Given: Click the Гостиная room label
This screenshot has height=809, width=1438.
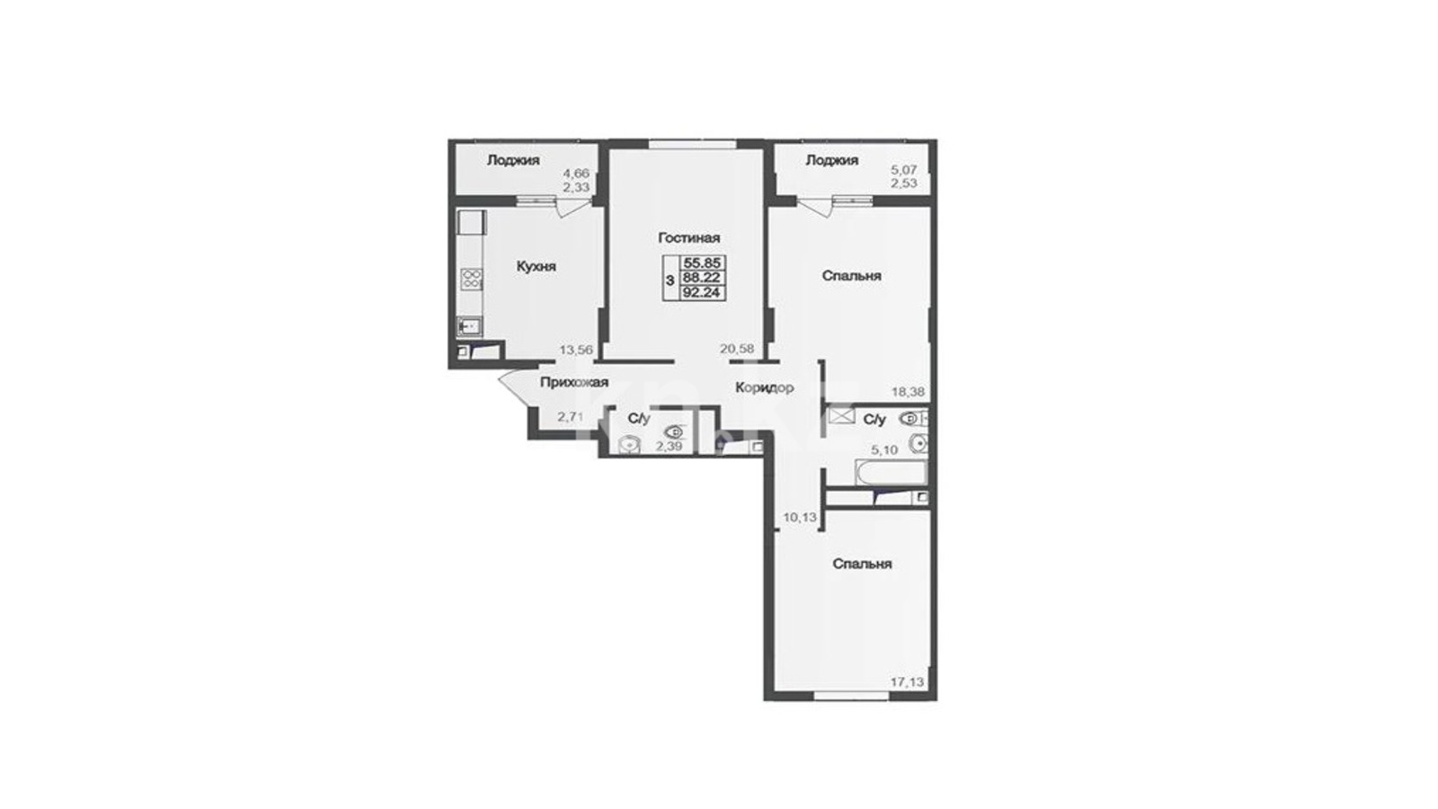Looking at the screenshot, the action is pos(688,237).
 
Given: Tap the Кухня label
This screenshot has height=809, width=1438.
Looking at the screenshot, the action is pos(536,266).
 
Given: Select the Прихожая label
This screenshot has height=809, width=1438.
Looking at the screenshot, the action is pos(574,383).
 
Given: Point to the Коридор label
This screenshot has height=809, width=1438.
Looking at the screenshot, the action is pos(765,387).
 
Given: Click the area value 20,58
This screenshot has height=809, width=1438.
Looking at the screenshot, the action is pos(737,349).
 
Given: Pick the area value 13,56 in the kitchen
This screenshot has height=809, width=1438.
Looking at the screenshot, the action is pos(576,350).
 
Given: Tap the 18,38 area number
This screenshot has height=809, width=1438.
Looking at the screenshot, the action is pos(908,391).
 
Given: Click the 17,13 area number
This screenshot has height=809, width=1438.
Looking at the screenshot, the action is pos(907,682).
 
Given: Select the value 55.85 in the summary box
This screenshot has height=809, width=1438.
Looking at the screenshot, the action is pos(704,262).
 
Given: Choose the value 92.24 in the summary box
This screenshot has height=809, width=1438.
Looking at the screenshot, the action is pos(704,293).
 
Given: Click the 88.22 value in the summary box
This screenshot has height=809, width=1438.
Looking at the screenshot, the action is pos(704,278).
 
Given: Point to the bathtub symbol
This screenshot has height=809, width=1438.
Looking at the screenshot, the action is pos(891,473).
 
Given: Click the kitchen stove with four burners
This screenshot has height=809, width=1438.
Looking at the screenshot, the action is pos(472,278).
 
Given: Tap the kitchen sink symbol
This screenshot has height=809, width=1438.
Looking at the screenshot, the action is pos(470,326).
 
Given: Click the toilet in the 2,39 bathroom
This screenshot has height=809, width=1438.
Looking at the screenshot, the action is pos(675,431).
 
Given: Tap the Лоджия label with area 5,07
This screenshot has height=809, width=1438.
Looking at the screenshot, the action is pos(832,160).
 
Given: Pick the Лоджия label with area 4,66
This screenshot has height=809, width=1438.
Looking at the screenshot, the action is pos(513,160).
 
